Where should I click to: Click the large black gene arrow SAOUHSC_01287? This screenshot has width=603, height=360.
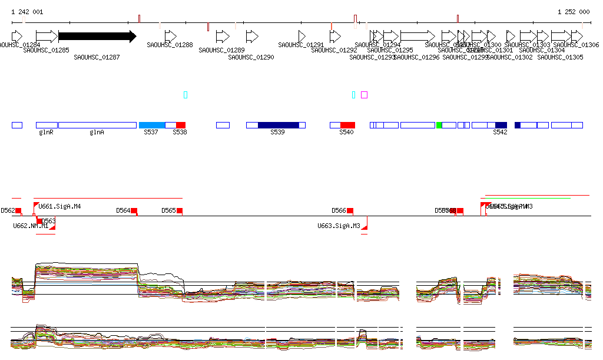[97, 37]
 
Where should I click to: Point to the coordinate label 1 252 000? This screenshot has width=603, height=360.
[573, 12]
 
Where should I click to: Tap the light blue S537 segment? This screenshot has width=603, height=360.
[152, 125]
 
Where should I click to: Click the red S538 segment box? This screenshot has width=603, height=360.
[181, 125]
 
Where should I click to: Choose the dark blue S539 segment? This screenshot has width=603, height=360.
[278, 125]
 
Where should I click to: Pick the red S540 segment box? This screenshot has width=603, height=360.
[347, 125]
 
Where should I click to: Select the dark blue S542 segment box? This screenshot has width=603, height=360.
[501, 125]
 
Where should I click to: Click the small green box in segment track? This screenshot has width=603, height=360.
[439, 125]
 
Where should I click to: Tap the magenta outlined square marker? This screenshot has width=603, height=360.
[365, 95]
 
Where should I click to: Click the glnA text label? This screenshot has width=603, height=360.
[97, 133]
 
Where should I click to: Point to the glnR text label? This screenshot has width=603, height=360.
[46, 133]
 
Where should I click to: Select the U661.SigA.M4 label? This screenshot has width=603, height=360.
[59, 206]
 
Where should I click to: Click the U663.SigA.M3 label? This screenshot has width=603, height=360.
[339, 226]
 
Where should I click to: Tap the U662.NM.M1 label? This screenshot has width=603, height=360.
[31, 226]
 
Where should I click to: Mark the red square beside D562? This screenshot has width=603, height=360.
[18, 211]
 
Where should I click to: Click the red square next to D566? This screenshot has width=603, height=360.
[350, 211]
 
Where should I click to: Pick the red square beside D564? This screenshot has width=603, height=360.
[134, 211]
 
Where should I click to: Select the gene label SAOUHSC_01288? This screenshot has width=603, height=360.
[170, 45]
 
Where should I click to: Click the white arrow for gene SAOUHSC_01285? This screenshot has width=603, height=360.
[47, 37]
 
